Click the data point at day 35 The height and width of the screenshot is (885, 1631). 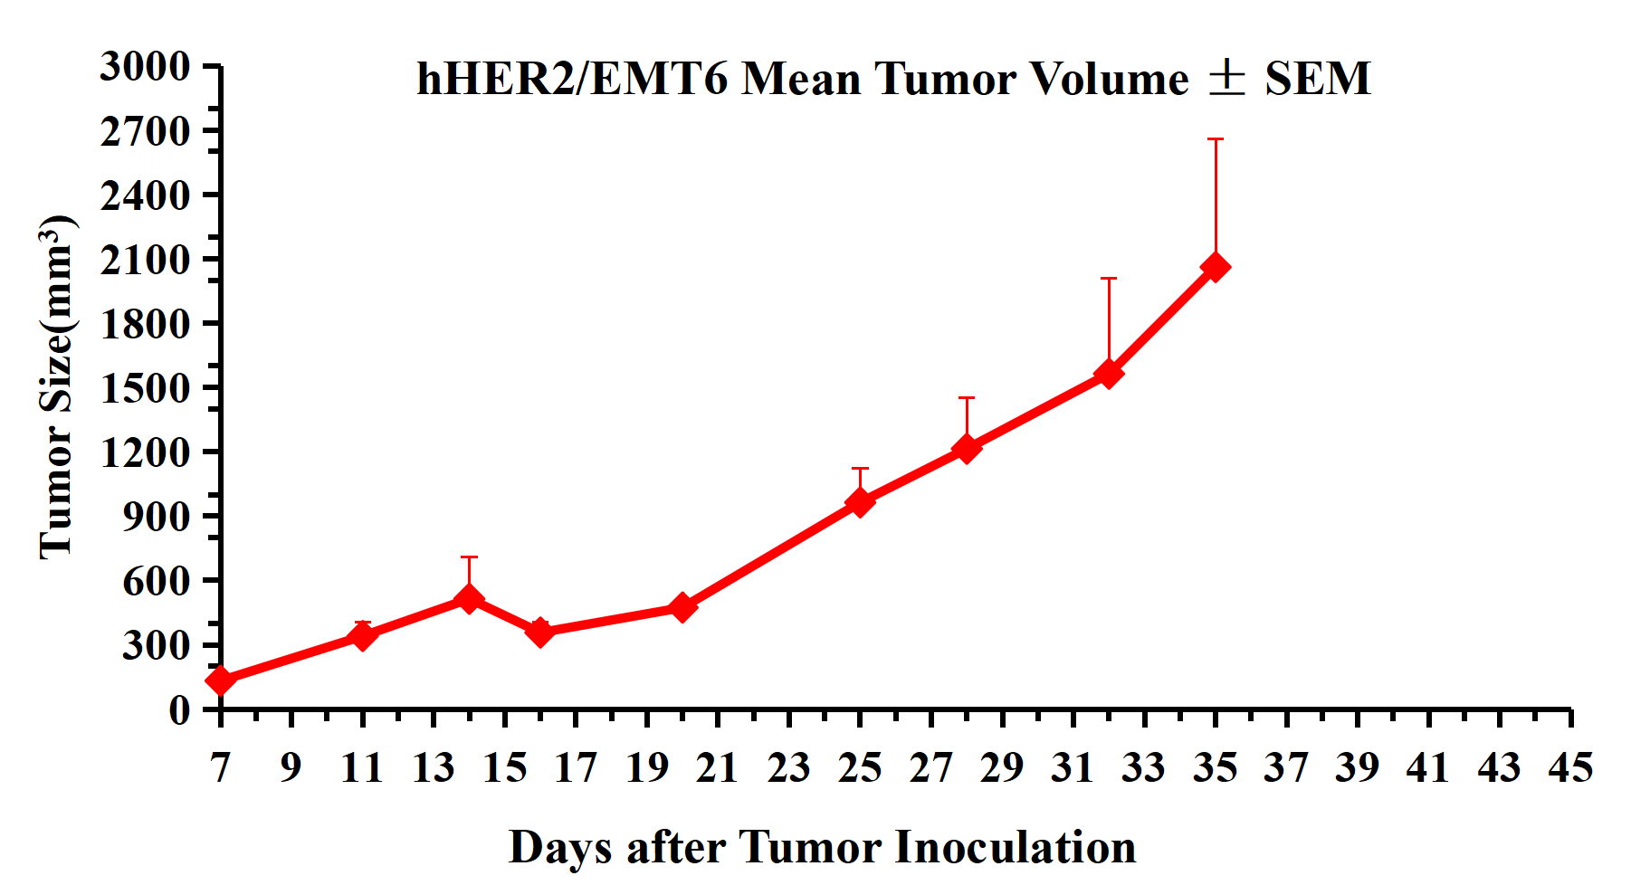coord(1215,267)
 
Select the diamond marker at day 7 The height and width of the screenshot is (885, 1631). coord(220,680)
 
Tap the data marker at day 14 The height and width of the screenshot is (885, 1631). coord(469,598)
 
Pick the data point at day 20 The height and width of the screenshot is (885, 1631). coord(682,607)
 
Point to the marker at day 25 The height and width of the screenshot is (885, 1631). coord(860,502)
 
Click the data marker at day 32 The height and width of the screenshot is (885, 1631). coord(1109,374)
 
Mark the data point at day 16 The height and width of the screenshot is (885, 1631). coord(540,632)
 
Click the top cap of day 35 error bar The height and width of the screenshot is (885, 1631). coord(1215,139)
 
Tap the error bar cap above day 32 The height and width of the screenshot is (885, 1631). coord(1109,279)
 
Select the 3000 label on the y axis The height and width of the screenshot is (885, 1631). coord(146,66)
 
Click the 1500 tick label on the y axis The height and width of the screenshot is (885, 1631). coord(146,388)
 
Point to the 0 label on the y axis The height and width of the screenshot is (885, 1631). coord(179,710)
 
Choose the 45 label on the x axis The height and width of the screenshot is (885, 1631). coord(1570,768)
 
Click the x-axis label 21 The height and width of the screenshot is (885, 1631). coord(718,768)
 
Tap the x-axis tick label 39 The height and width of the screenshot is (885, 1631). coord(1358,768)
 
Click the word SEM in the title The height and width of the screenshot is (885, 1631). coord(1318,79)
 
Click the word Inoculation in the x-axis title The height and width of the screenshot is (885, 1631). coord(1016,848)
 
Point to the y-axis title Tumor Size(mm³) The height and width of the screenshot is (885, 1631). coord(56,387)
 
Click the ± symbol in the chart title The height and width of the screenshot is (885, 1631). coord(1227,78)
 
